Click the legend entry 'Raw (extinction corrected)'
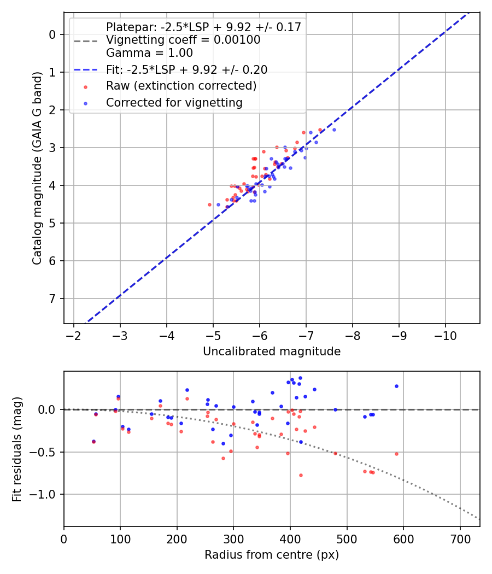[x=181, y=86]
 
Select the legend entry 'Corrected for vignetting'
[x=174, y=102]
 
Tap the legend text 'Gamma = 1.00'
[x=149, y=53]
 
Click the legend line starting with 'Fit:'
[x=186, y=69]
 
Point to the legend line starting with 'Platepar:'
[x=203, y=27]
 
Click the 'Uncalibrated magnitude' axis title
[x=272, y=352]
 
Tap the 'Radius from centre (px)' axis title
[x=272, y=555]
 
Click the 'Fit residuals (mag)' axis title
[x=17, y=449]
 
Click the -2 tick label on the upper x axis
[x=74, y=335]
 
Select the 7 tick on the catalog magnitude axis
[x=52, y=298]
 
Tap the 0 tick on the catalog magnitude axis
[x=52, y=34]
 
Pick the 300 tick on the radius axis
[x=233, y=538]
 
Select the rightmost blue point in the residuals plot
[x=396, y=386]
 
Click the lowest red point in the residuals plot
[x=301, y=475]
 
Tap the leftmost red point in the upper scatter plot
[x=209, y=204]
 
